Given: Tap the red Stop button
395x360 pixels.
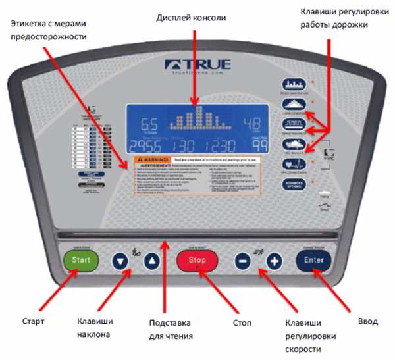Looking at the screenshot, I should [x=197, y=260].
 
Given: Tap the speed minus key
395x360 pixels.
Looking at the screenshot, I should [x=242, y=261].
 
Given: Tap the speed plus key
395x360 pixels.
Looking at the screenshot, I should [x=273, y=261].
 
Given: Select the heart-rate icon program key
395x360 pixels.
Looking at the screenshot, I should [x=292, y=163].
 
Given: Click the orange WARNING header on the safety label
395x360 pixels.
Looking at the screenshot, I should [x=153, y=159].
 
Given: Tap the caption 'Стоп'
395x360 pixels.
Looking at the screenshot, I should [x=242, y=323].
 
